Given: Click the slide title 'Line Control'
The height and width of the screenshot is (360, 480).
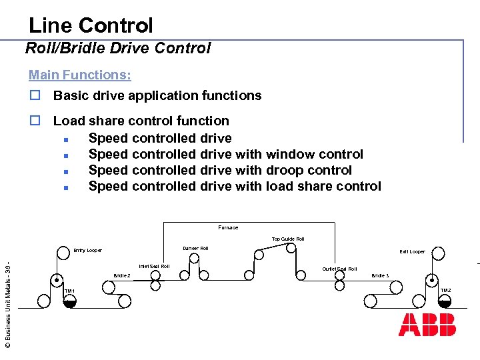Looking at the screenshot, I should [x=91, y=25].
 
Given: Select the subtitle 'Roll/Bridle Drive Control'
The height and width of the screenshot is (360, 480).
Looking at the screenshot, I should [x=118, y=48].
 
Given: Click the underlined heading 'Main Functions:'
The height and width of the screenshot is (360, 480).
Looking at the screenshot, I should [x=79, y=75].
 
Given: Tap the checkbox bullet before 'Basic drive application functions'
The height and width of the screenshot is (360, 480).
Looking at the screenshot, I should [x=34, y=96].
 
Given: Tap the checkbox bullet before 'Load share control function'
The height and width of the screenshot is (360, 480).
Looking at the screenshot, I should [x=34, y=121].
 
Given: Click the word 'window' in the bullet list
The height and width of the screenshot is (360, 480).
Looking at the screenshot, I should [x=293, y=154].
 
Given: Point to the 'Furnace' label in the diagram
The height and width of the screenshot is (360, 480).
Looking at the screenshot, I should [x=228, y=227].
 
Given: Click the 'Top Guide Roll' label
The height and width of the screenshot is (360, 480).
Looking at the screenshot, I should [x=288, y=239].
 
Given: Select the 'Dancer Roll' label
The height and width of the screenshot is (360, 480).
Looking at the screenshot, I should [x=195, y=248].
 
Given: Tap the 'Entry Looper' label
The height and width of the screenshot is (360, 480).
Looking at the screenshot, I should [x=88, y=250].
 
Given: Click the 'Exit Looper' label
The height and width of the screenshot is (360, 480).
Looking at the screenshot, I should [x=412, y=251].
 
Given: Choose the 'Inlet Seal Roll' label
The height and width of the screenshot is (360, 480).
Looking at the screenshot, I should [x=154, y=266].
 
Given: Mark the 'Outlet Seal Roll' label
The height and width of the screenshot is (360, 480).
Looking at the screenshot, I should [x=339, y=269].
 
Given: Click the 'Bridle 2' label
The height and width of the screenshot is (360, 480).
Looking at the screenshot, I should [x=122, y=275].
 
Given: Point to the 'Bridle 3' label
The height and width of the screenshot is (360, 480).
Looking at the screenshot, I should [x=380, y=275].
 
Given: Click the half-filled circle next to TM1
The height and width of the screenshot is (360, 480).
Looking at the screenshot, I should [x=69, y=301].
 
